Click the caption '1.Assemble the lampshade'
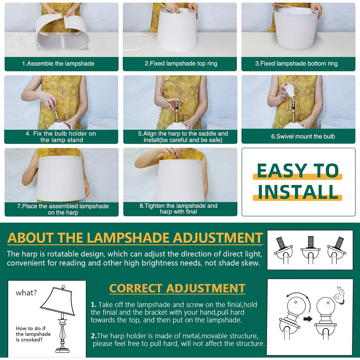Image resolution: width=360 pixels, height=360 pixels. click(58, 64)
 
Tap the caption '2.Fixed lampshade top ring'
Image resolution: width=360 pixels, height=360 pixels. click(181, 64)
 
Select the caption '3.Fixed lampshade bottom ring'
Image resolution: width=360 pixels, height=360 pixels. click(296, 64)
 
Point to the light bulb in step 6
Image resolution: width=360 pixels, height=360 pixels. click(290, 91)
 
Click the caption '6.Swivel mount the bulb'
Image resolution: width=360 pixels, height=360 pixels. click(303, 136)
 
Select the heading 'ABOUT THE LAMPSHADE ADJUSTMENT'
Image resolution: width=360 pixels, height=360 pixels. click(135, 238)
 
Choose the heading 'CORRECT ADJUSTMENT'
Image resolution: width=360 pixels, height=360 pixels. click(177, 288)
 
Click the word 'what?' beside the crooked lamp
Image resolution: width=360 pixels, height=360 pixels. click(26, 293)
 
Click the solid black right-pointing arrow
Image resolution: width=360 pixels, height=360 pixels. click(308, 319)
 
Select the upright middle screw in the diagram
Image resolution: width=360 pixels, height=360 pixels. click(310, 243)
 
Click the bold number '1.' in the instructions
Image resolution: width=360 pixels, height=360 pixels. click(94, 305)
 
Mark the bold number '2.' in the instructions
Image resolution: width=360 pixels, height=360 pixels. click(94, 336)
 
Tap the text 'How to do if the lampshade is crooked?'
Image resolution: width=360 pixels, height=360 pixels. click(33, 334)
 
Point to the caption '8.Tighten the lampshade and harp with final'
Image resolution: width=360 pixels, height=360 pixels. click(178, 209)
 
